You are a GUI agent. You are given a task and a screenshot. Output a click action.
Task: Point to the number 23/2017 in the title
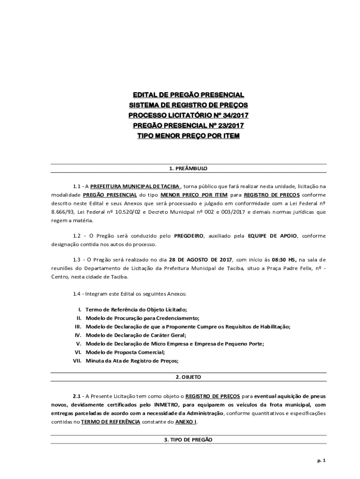click(x=228, y=125)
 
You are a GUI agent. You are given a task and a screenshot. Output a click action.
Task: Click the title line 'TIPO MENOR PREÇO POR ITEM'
click(x=188, y=136)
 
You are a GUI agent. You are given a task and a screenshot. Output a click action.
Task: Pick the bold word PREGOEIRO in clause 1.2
click(x=189, y=236)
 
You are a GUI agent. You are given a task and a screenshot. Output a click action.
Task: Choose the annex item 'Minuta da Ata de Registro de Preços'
click(x=132, y=360)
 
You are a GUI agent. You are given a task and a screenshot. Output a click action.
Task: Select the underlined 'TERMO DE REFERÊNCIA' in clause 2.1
click(x=110, y=421)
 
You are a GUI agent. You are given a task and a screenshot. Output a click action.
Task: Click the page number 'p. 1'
click(x=321, y=460)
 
